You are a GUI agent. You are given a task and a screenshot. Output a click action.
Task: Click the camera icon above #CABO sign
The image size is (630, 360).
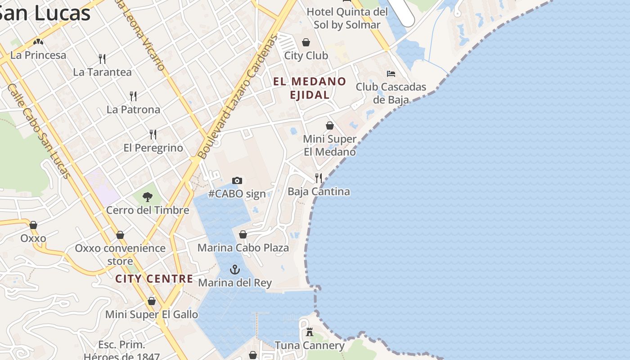tap(237, 180)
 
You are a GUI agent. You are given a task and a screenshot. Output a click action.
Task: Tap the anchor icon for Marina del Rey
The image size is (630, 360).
tap(235, 270)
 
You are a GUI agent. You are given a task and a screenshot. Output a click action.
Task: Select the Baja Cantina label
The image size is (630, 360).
tap(319, 192)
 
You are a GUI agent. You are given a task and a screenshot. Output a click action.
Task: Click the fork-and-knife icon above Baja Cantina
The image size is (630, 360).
tap(319, 178)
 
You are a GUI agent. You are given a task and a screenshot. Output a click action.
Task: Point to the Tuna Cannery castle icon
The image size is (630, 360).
tap(310, 332)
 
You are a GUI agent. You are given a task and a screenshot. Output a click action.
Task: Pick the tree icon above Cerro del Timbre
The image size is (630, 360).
tap(147, 197)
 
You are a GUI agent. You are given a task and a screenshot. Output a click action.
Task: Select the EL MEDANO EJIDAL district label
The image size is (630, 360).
tap(310, 88)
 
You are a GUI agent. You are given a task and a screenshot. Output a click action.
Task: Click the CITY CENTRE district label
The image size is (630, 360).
tap(154, 279)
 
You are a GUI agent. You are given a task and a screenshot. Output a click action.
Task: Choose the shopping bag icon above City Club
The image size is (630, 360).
tap(306, 42)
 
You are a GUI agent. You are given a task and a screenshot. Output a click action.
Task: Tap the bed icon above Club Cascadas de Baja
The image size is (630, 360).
tap(391, 73)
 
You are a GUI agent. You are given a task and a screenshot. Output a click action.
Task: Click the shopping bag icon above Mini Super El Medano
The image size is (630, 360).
tap(330, 126)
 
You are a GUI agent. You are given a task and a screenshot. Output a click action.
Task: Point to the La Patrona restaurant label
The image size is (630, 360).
tap(133, 109)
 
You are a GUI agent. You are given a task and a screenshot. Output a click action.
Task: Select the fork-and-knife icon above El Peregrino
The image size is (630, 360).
tap(153, 134)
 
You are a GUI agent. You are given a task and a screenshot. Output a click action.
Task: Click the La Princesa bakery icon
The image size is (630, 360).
tap(38, 42)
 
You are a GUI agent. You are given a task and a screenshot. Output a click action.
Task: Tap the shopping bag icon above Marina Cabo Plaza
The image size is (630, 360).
tap(243, 234)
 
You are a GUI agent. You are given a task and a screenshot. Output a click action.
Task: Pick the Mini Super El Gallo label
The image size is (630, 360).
tap(152, 315)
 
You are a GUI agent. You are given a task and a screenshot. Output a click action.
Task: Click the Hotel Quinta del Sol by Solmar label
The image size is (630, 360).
tap(347, 18)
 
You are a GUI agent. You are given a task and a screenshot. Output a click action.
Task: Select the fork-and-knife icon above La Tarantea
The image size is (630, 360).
tap(102, 58)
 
